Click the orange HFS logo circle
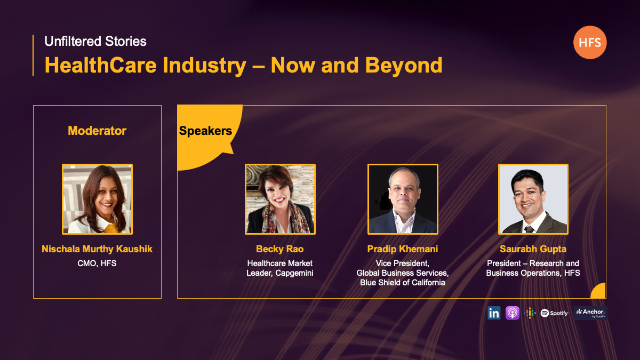(x=590, y=42)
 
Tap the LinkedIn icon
(x=494, y=313)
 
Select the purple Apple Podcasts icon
(x=513, y=313)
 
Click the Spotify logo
(x=554, y=313)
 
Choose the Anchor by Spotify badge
(x=590, y=313)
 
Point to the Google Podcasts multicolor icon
(x=530, y=313)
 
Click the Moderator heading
(x=97, y=131)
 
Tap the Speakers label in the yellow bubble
(x=205, y=131)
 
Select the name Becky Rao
(x=279, y=249)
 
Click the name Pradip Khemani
(x=403, y=249)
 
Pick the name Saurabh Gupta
(x=533, y=249)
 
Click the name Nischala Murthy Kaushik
(x=97, y=249)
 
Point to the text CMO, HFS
(x=97, y=263)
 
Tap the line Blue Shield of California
(x=403, y=283)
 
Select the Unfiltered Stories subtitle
(x=95, y=42)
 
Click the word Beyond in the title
(x=404, y=66)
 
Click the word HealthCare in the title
(x=101, y=66)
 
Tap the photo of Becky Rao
(x=281, y=199)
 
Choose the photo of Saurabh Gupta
(x=533, y=199)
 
